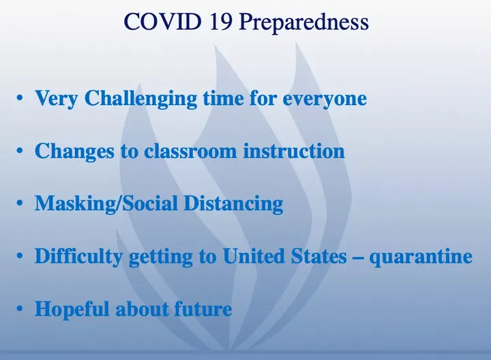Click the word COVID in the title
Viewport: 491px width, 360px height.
click(x=162, y=21)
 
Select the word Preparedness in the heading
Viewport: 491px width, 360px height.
click(x=304, y=22)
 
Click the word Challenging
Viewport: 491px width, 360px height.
click(x=141, y=99)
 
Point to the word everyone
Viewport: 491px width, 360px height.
click(x=325, y=100)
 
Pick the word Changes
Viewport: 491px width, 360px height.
click(x=74, y=151)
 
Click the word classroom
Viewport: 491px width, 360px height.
click(x=190, y=151)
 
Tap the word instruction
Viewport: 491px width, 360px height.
click(x=294, y=151)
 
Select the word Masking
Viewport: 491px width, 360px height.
click(x=74, y=204)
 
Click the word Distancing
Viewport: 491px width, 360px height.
click(x=233, y=204)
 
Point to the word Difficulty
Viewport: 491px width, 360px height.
click(x=78, y=256)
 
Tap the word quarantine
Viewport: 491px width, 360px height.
click(x=421, y=257)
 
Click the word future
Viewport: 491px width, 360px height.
click(x=203, y=309)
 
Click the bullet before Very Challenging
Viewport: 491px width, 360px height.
click(x=20, y=98)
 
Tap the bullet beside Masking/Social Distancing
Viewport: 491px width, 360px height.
click(x=20, y=203)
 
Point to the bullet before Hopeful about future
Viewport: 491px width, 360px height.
click(x=20, y=309)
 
